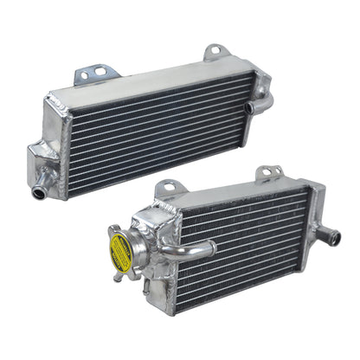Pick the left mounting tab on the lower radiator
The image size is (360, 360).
[170, 187]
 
